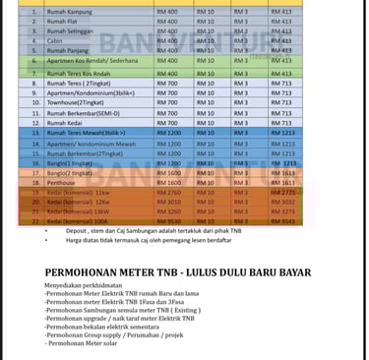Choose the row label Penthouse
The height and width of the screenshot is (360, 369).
point(62,182)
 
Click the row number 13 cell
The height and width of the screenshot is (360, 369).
point(35,132)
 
